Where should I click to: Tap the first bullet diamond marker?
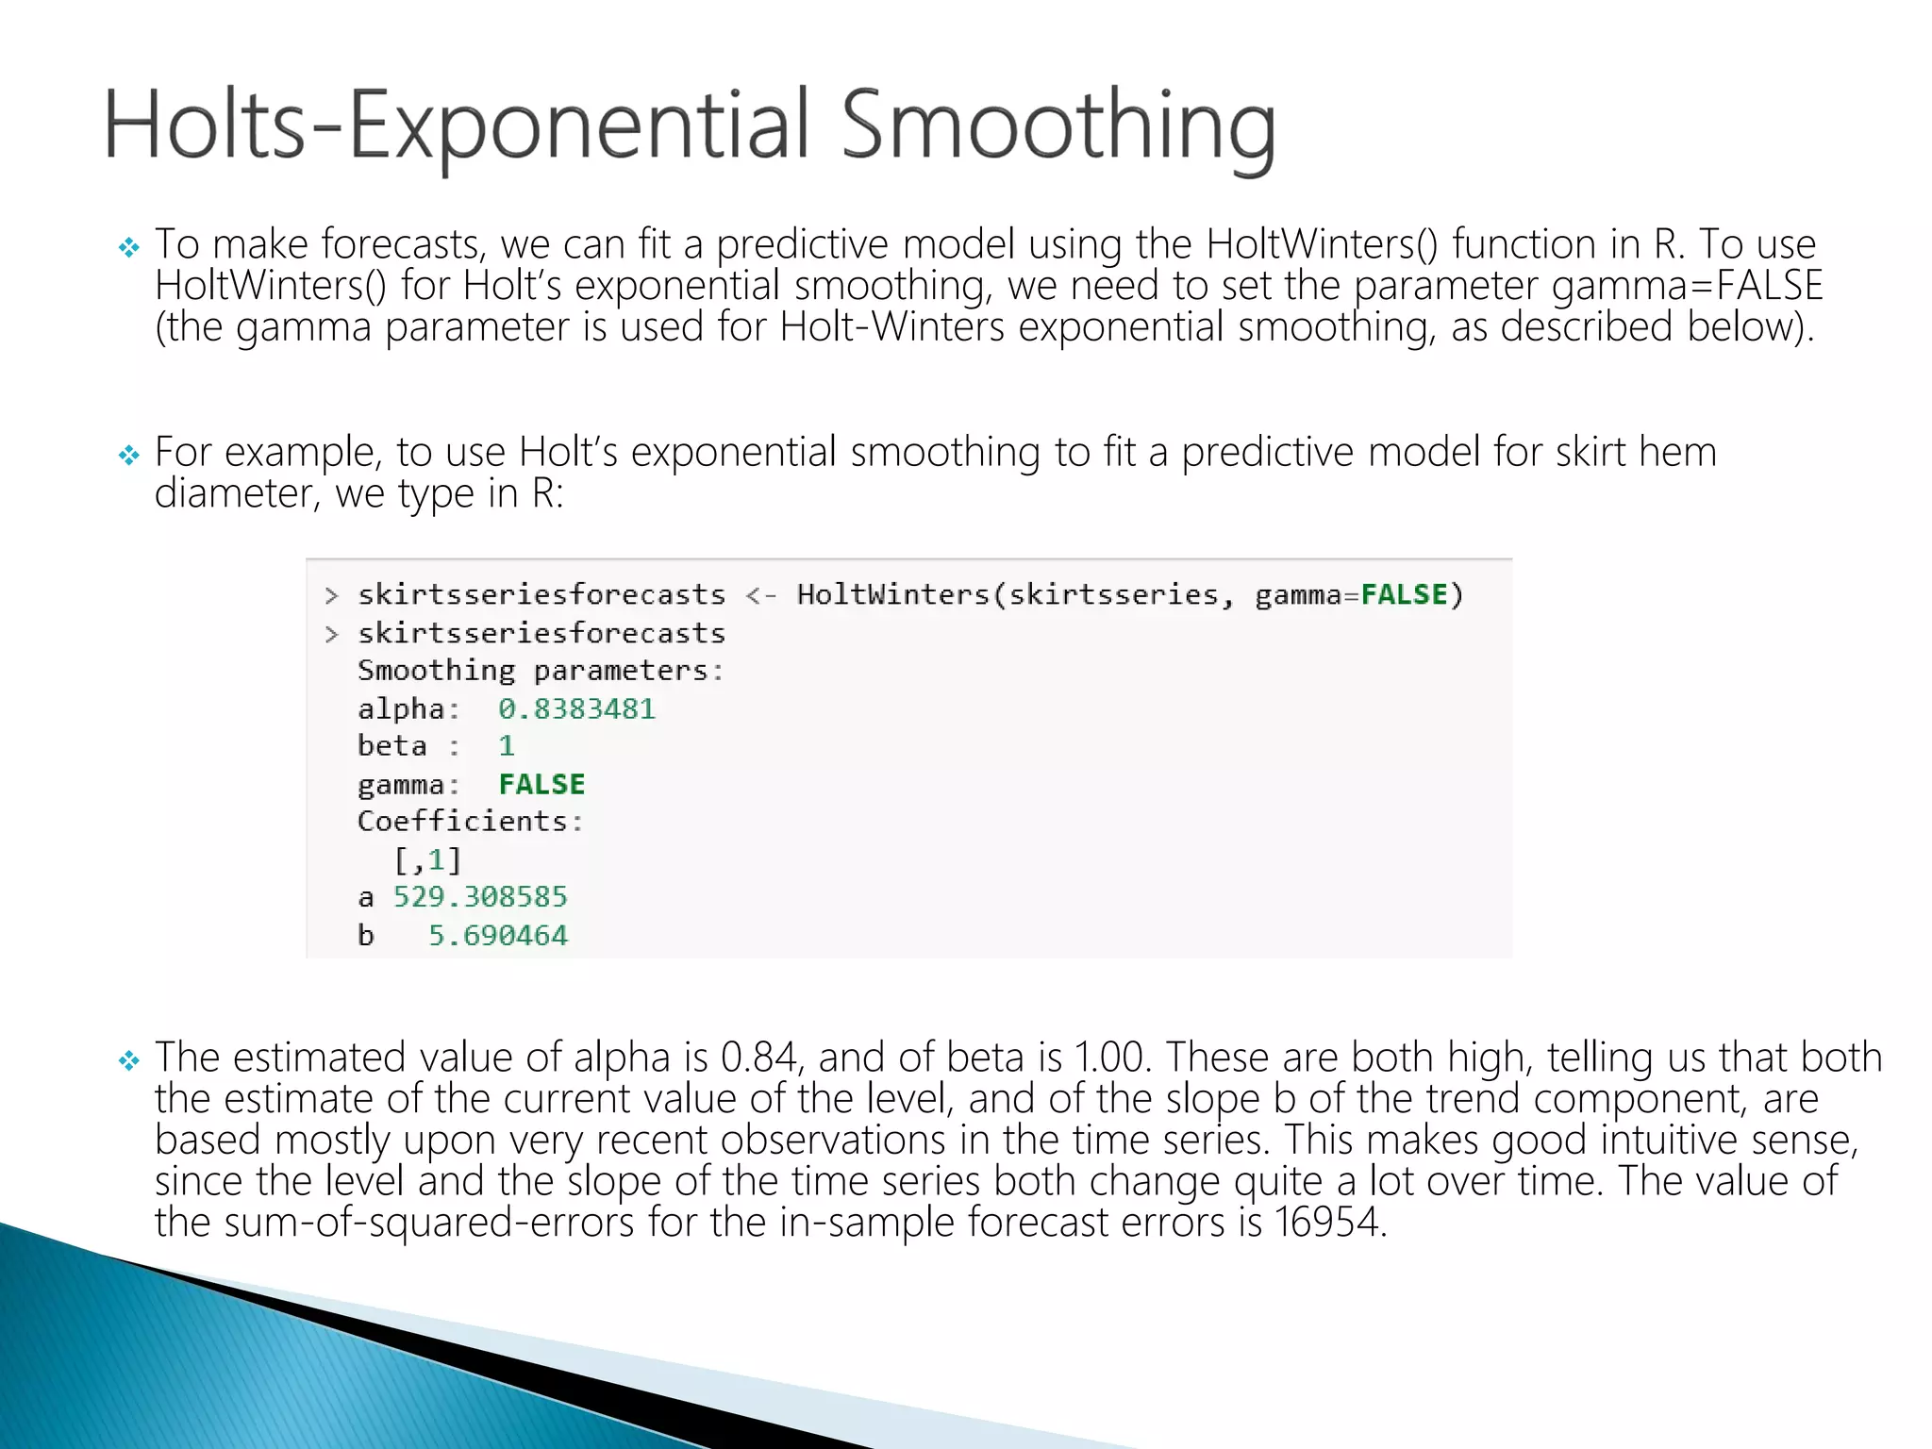(128, 248)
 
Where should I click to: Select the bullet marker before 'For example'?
(128, 456)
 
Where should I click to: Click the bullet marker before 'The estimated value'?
(128, 1061)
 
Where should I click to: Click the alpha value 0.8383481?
(576, 708)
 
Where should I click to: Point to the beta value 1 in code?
(507, 746)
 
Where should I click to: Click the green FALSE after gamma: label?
(541, 784)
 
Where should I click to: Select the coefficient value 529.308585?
(480, 897)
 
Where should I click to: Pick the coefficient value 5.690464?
(498, 936)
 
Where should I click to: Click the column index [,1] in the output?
(427, 860)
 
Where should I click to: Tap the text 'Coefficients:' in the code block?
(470, 822)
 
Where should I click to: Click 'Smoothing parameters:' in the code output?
(540, 671)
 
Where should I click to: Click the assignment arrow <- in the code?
(760, 595)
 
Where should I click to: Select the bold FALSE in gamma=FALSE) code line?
(1404, 594)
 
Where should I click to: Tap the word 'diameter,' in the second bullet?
(237, 493)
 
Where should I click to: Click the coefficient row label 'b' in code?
(366, 936)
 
